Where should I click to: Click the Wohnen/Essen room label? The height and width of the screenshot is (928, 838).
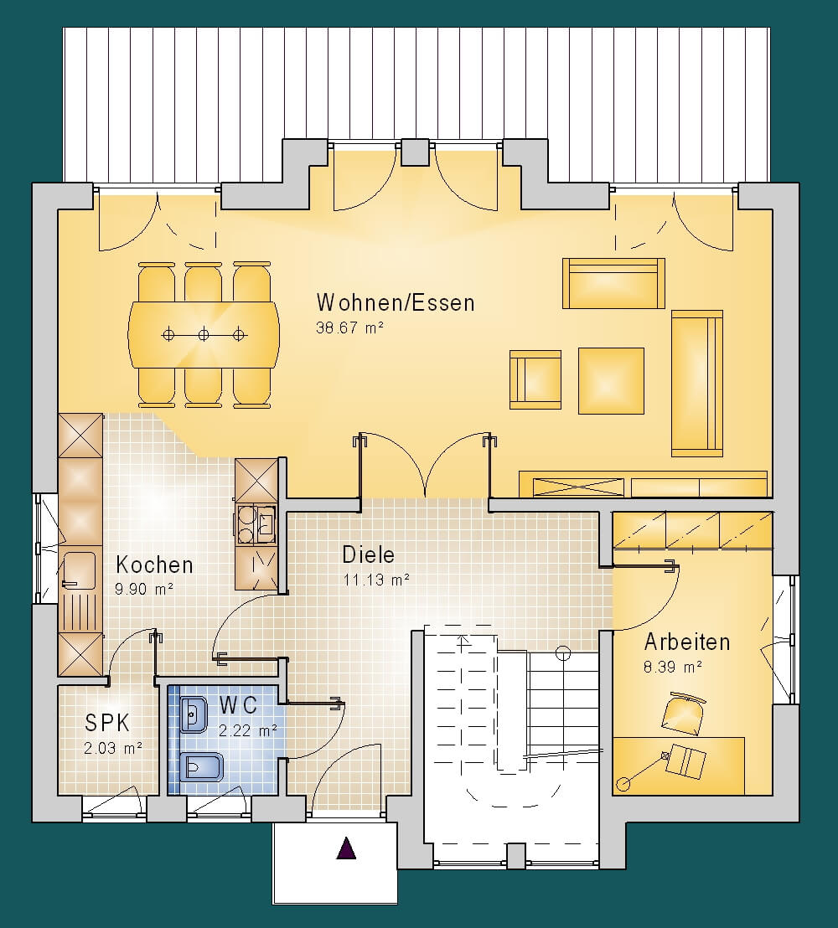tap(396, 302)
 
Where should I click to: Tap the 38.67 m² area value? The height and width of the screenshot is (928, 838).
tap(350, 327)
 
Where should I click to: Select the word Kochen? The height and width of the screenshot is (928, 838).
tap(154, 565)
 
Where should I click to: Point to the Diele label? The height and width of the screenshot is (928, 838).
tap(369, 554)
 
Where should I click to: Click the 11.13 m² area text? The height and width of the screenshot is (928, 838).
tap(376, 580)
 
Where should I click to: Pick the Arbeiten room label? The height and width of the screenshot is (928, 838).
tap(687, 642)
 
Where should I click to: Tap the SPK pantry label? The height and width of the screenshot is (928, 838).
tap(107, 723)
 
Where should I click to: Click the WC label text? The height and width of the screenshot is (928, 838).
tap(239, 705)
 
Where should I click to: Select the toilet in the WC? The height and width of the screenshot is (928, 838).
tap(201, 768)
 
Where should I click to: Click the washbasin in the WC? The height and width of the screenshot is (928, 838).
tap(193, 715)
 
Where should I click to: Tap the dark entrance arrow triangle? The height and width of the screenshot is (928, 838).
tap(346, 848)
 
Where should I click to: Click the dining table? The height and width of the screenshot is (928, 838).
tap(204, 335)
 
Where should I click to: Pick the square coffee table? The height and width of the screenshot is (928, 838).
tap(611, 380)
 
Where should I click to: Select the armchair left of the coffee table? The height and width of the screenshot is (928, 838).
tap(535, 379)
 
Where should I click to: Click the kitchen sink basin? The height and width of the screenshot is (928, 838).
tap(79, 570)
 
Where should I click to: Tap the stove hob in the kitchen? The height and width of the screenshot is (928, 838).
tap(256, 524)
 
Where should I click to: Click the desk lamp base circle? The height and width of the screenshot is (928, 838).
tap(623, 784)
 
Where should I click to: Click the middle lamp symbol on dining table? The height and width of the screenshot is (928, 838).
tap(204, 335)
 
